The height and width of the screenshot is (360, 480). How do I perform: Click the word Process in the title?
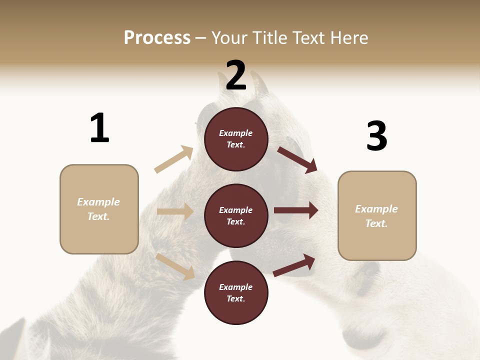tap(157, 38)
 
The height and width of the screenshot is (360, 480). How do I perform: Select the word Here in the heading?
tap(346, 38)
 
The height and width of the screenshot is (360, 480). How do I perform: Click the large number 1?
tap(99, 128)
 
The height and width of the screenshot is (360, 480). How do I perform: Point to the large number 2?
tap(236, 75)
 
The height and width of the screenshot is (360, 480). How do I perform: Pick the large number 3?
tap(376, 136)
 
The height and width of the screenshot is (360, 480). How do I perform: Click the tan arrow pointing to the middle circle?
tap(175, 211)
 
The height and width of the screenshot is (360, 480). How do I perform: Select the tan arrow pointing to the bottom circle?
tap(175, 266)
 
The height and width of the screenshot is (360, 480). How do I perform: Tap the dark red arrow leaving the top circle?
tap(297, 159)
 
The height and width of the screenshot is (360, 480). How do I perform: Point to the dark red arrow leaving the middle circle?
tap(296, 210)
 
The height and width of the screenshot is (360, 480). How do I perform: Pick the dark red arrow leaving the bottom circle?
tap(294, 265)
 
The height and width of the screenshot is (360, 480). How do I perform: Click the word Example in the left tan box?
tap(98, 202)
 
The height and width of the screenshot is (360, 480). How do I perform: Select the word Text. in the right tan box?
tap(376, 223)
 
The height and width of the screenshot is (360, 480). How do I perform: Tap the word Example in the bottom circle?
tap(236, 287)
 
